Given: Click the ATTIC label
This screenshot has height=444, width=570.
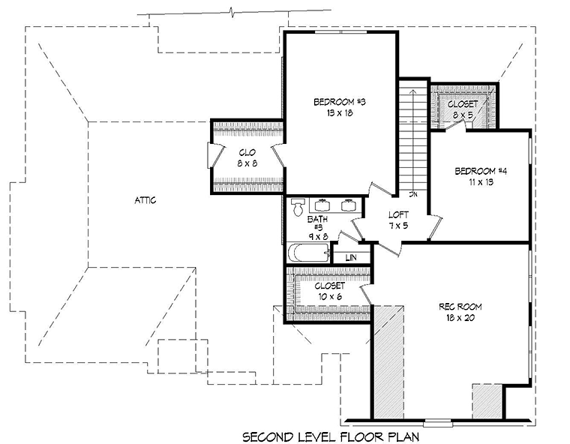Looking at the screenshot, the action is pyautogui.click(x=145, y=200).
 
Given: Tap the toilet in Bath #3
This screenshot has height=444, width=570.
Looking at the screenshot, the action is pyautogui.click(x=298, y=207).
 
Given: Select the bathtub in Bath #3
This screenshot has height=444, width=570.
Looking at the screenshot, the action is pyautogui.click(x=309, y=252).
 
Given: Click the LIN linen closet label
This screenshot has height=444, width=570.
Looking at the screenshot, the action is pyautogui.click(x=351, y=257).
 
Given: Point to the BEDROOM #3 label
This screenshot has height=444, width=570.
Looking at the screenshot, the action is pyautogui.click(x=340, y=102).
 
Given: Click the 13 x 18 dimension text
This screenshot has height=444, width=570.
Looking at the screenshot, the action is pyautogui.click(x=340, y=113).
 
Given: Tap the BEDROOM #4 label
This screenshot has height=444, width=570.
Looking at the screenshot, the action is pyautogui.click(x=481, y=170).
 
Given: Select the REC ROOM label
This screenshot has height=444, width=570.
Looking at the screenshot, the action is pyautogui.click(x=460, y=307).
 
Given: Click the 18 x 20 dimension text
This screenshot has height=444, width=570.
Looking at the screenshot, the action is pyautogui.click(x=460, y=318).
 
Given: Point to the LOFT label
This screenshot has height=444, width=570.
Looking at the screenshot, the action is pyautogui.click(x=398, y=214).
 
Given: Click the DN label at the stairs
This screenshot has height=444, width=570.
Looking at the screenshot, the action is pyautogui.click(x=413, y=194).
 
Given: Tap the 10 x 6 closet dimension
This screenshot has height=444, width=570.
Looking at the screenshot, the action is pyautogui.click(x=330, y=297).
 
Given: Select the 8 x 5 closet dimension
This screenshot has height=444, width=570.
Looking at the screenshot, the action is pyautogui.click(x=463, y=115).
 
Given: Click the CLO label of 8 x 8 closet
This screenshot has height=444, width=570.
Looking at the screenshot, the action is pyautogui.click(x=247, y=152).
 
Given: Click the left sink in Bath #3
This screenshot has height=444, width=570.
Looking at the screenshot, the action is pyautogui.click(x=322, y=205).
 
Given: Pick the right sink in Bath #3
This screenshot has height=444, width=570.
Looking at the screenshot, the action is pyautogui.click(x=348, y=205).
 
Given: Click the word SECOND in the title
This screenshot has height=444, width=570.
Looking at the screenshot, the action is pyautogui.click(x=268, y=436).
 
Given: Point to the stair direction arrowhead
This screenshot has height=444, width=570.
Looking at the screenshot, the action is pyautogui.click(x=413, y=91).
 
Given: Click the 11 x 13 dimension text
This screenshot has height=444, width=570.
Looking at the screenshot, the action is pyautogui.click(x=481, y=181).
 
